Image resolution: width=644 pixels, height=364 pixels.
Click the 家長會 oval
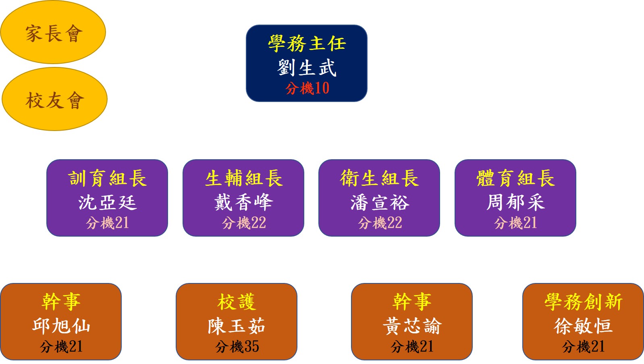tap(53, 32)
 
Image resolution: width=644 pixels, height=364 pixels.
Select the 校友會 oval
tap(55, 99)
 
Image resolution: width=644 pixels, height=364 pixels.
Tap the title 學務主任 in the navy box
tap(307, 44)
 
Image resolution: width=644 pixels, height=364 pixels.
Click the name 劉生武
tap(307, 68)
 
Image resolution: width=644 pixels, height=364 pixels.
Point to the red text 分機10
tap(307, 88)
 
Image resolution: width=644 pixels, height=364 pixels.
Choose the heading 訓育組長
tap(107, 178)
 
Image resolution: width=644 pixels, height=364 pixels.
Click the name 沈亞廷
tap(107, 202)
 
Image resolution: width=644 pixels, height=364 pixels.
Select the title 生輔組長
tap(243, 178)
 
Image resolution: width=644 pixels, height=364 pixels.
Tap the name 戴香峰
tap(243, 202)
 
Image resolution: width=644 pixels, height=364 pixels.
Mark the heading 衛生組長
tap(380, 178)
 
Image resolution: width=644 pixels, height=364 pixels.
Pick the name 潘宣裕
tap(380, 202)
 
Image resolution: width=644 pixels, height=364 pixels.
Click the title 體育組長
tap(515, 178)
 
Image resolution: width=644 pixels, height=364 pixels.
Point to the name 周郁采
tap(515, 202)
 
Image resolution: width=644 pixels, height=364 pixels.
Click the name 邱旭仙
tap(61, 326)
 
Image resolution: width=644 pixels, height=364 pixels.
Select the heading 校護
tap(237, 302)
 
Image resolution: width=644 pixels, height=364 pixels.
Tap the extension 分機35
tap(237, 346)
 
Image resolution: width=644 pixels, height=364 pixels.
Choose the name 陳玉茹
tap(237, 326)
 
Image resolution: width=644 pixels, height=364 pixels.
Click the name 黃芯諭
tap(412, 326)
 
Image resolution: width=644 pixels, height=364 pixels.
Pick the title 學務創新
tap(583, 302)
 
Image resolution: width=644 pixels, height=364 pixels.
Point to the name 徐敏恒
tap(583, 326)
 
